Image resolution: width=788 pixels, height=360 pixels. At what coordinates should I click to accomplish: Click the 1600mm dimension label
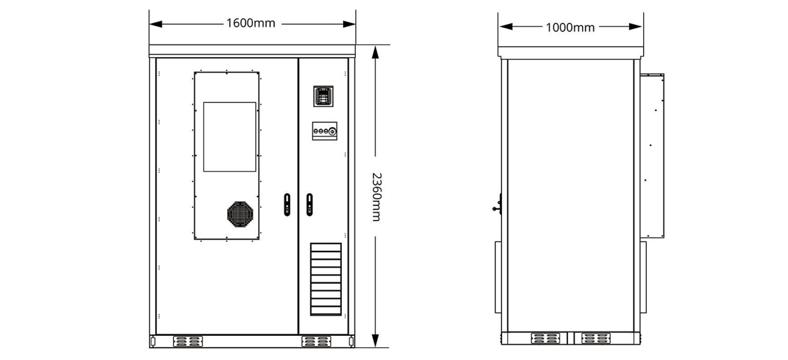250,23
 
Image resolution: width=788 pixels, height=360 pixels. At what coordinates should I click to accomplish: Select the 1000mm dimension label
570,27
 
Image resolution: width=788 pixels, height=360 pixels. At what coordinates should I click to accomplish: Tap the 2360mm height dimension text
376,197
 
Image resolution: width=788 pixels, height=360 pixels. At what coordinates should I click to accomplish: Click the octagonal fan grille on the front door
240,214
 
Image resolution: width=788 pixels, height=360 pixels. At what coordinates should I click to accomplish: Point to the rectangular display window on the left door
230,137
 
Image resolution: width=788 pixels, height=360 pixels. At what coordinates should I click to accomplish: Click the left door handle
287,204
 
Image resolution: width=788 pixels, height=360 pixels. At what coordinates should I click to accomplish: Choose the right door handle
310,204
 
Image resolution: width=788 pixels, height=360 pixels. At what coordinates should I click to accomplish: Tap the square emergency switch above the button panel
323,96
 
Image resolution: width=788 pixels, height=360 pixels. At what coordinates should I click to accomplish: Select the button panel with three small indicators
324,131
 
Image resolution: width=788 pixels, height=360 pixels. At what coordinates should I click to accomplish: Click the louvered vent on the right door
326,279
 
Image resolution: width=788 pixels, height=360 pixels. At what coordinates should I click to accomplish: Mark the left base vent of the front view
188,341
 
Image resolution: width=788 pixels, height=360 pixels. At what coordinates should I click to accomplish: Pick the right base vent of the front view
316,341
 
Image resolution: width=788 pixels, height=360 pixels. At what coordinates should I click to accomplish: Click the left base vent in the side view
546,339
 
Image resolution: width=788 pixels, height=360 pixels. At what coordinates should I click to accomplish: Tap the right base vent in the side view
596,339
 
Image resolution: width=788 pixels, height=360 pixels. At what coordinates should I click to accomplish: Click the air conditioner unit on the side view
652,156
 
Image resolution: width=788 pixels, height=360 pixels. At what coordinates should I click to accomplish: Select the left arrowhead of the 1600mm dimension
156,24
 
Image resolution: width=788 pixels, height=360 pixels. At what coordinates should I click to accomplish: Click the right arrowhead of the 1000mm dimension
636,27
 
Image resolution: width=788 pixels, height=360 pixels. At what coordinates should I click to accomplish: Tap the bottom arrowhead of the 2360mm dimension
375,341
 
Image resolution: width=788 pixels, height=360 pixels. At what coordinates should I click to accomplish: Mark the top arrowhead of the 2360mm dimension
375,52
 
